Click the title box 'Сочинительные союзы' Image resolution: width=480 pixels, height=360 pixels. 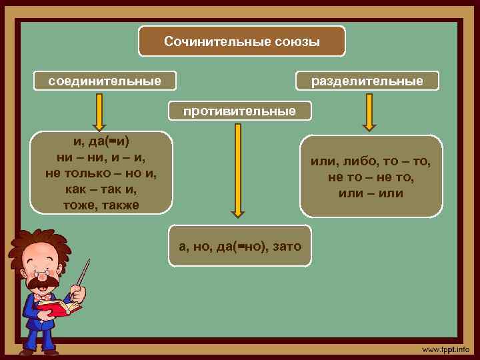tap(242, 41)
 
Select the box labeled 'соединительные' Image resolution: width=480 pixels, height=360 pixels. tap(105, 81)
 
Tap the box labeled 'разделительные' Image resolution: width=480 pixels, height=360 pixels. tap(367, 81)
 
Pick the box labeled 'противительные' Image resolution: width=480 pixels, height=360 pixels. tap(240, 111)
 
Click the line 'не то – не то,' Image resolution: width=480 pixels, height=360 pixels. tap(371, 177)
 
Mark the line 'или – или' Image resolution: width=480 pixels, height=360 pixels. tap(371, 193)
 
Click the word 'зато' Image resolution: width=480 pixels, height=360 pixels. tap(287, 246)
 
